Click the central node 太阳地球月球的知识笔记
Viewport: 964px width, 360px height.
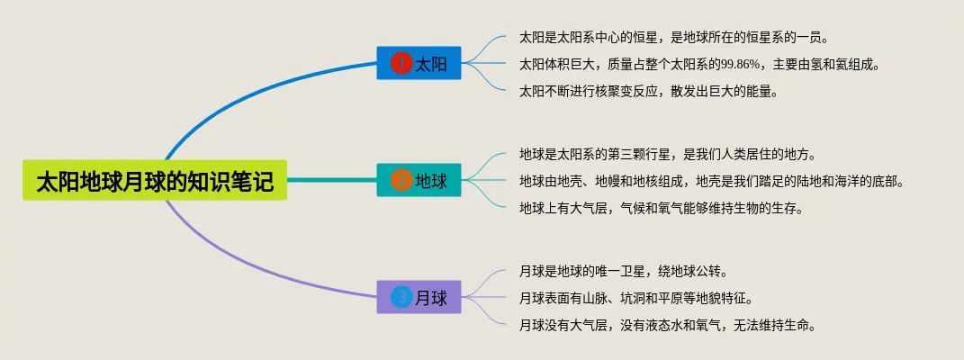[154, 181]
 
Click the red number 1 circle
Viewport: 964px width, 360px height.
[401, 63]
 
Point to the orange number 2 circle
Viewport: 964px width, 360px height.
[401, 181]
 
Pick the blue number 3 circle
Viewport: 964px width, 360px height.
[401, 297]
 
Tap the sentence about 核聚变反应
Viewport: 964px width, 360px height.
[648, 91]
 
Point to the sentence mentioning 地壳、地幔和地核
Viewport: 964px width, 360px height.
[711, 181]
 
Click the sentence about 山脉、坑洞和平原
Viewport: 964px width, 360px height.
[635, 297]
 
